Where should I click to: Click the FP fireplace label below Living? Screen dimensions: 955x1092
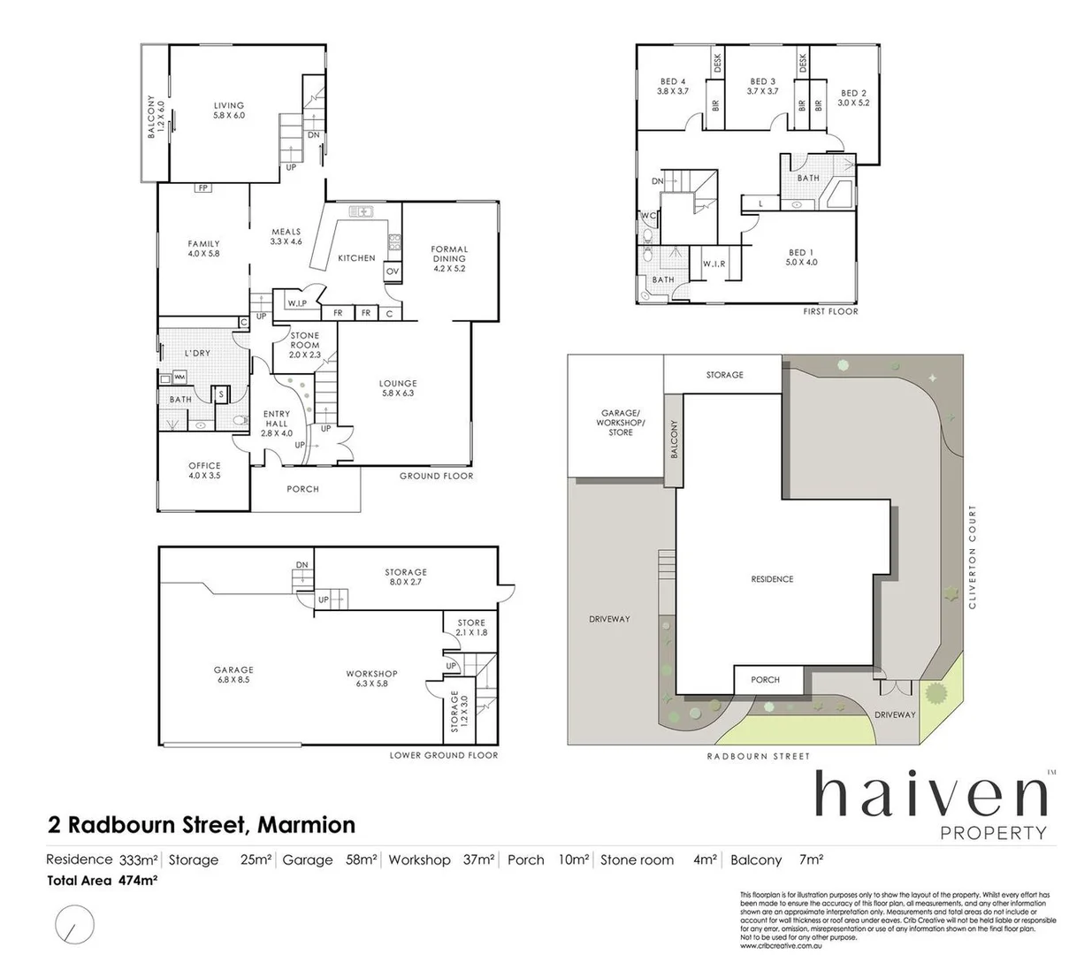tap(203, 187)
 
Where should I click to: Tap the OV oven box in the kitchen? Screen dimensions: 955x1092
tap(393, 271)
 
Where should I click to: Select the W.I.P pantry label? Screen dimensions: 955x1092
tap(296, 303)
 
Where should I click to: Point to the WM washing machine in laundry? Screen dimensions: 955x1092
tap(179, 378)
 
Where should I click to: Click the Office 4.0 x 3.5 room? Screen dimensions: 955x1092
tap(204, 470)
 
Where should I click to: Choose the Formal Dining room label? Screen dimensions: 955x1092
tap(449, 258)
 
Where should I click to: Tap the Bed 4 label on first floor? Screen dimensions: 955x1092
tap(672, 86)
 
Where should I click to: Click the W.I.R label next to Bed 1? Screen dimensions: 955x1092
tap(714, 264)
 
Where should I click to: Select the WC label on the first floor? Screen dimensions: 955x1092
tap(648, 216)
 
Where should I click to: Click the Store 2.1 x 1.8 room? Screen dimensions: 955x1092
tap(471, 628)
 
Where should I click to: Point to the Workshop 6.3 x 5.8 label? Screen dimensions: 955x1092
tap(371, 678)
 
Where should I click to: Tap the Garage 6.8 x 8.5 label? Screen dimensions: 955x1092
tap(233, 675)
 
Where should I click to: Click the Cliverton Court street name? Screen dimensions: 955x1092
tap(973, 556)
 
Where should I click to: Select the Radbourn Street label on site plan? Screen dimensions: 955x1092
tap(758, 756)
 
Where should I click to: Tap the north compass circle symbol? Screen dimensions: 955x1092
tap(74, 924)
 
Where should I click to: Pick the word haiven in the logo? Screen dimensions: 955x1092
tap(931, 795)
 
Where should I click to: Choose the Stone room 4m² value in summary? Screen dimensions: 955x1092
tap(705, 859)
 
